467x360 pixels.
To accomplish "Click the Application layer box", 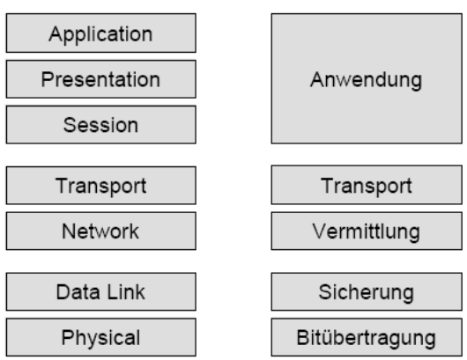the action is pyautogui.click(x=101, y=33).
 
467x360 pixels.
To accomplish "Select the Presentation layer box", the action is pyautogui.click(x=101, y=79).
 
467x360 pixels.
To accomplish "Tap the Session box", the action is pyautogui.click(x=101, y=125).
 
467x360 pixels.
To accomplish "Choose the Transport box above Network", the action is pyautogui.click(x=101, y=186).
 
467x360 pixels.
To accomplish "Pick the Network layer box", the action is pyautogui.click(x=101, y=231).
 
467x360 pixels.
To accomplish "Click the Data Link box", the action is pyautogui.click(x=101, y=291).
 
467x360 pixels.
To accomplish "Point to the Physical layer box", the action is pyautogui.click(x=101, y=337).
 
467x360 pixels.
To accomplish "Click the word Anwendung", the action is pyautogui.click(x=366, y=80).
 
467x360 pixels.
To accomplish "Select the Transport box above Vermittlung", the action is pyautogui.click(x=367, y=185).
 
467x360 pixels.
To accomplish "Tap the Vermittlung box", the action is pyautogui.click(x=367, y=231).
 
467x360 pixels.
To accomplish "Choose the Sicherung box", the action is pyautogui.click(x=367, y=291).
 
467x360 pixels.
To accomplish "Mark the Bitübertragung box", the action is pyautogui.click(x=367, y=337).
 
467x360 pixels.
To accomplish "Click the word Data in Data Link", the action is pyautogui.click(x=78, y=292).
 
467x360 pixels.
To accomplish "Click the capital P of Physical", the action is pyautogui.click(x=67, y=337).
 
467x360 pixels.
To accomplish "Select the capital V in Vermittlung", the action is pyautogui.click(x=320, y=231).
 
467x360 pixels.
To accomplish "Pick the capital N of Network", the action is pyautogui.click(x=69, y=231).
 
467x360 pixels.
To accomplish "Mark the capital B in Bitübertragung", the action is pyautogui.click(x=303, y=337).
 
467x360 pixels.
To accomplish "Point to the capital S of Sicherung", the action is pyautogui.click(x=325, y=292).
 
